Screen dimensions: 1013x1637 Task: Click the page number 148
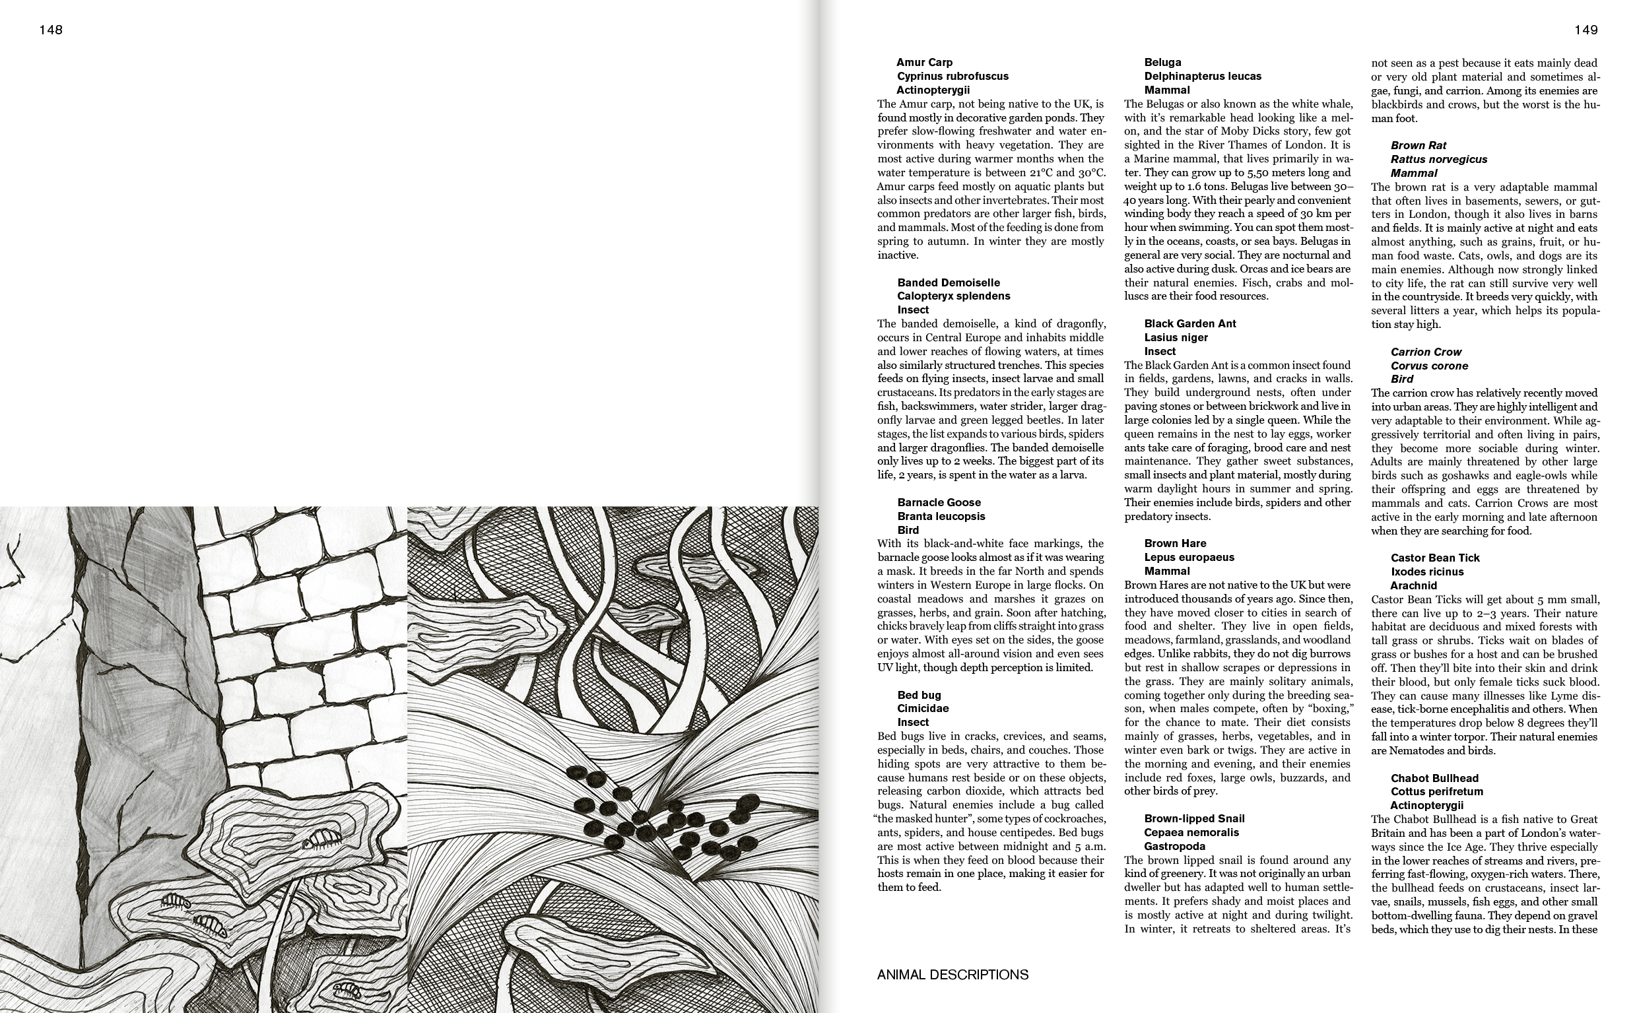click(51, 30)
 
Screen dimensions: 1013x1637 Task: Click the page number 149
click(1586, 30)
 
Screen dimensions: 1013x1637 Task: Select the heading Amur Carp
click(924, 62)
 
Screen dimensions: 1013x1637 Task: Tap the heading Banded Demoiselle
click(948, 282)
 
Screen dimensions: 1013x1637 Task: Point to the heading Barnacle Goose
click(939, 502)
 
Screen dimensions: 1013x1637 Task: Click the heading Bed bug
click(919, 695)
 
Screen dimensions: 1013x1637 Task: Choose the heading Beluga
click(1162, 62)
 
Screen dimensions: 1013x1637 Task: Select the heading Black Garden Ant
click(1189, 323)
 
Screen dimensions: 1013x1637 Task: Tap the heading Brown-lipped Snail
click(1194, 818)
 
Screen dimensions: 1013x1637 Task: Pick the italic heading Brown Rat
click(1418, 145)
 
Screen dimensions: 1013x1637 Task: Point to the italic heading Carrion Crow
click(1425, 352)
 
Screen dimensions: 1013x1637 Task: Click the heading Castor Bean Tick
click(1434, 558)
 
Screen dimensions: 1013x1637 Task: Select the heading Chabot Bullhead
click(1434, 778)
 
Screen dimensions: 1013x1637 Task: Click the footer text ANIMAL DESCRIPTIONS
click(952, 975)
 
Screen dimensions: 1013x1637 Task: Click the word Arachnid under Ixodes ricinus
click(1413, 585)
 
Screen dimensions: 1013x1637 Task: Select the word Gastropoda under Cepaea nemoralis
click(1174, 846)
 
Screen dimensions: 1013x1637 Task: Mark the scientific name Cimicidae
click(923, 708)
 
